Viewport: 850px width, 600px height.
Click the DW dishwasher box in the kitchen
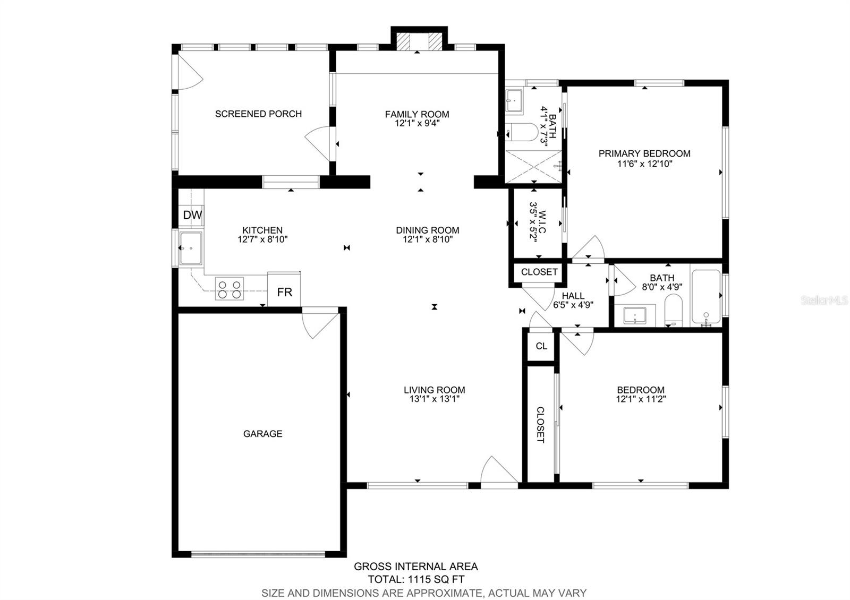click(192, 215)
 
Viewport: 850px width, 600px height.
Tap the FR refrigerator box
click(284, 292)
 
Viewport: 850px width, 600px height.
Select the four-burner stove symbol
click(229, 289)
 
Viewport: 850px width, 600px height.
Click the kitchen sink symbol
click(190, 248)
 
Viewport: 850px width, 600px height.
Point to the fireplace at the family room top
click(420, 41)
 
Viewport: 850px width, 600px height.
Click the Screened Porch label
click(258, 114)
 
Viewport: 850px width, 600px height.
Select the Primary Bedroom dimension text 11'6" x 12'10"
click(644, 164)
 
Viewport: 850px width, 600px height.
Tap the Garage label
click(262, 434)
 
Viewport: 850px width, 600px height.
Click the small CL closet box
click(541, 346)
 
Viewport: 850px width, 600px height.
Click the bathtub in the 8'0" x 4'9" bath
click(705, 298)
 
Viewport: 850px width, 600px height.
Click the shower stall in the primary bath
click(533, 166)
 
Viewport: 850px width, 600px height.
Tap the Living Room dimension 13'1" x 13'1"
click(434, 399)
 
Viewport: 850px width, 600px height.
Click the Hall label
click(573, 296)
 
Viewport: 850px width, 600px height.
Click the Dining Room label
click(427, 230)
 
